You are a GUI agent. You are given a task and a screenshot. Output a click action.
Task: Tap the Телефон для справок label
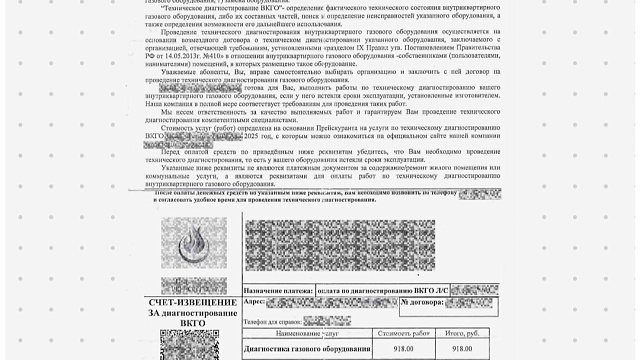[x=272, y=323]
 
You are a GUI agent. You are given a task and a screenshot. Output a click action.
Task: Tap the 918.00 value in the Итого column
[x=462, y=348]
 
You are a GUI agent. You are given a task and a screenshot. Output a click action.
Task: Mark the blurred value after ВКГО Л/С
[x=474, y=287]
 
